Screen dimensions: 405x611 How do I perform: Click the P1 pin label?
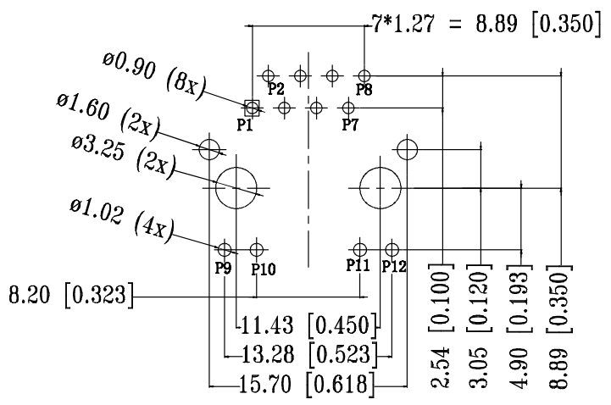245,125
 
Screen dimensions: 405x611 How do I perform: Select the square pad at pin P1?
252,107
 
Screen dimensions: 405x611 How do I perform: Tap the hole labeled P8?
364,75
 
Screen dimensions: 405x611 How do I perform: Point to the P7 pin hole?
348,108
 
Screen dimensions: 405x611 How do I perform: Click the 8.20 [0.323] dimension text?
70,297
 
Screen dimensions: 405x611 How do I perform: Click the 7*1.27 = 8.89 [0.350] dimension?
480,25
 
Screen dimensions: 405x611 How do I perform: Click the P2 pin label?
275,87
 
